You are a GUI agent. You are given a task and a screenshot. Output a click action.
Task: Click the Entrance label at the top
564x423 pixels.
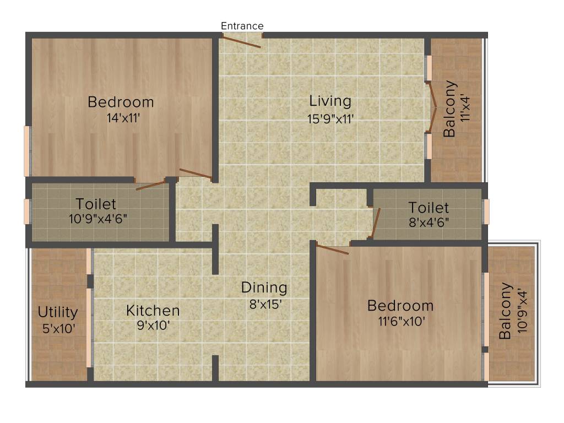(x=242, y=26)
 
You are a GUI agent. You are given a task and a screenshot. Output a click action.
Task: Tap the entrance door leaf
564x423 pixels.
(x=241, y=42)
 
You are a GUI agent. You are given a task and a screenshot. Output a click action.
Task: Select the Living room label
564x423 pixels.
(x=330, y=101)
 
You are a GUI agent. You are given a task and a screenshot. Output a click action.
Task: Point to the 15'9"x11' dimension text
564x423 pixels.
(x=330, y=118)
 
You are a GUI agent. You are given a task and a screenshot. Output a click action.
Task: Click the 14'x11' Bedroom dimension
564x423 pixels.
(x=121, y=118)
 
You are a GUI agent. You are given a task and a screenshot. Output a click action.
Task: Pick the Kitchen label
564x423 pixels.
(x=153, y=311)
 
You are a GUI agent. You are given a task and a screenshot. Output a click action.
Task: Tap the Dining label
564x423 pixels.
(x=264, y=288)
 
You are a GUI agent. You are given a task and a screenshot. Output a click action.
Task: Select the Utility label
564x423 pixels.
(x=57, y=312)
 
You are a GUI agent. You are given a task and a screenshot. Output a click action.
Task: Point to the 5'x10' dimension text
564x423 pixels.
(x=57, y=329)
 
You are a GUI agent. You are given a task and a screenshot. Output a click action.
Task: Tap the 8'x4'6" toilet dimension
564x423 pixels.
(x=429, y=224)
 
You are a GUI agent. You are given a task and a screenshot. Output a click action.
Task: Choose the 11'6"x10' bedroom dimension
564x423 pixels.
(x=400, y=322)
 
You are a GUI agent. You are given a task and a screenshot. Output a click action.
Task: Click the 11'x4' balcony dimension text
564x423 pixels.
(x=467, y=109)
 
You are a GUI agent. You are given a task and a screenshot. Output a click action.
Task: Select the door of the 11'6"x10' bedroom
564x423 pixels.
(x=333, y=250)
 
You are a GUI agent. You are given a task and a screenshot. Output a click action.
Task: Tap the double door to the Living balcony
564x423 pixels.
(x=433, y=108)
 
